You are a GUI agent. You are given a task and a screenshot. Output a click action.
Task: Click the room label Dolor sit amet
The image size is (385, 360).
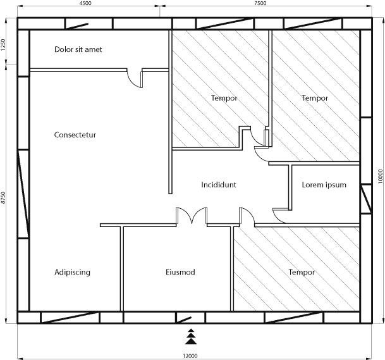click(78, 49)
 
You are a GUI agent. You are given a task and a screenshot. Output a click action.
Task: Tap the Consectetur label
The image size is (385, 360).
click(75, 135)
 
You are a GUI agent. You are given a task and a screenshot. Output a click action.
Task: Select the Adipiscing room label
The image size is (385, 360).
click(72, 272)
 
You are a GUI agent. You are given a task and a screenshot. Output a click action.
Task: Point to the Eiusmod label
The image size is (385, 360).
click(180, 272)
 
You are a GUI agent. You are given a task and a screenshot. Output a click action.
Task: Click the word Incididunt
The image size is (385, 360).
click(219, 185)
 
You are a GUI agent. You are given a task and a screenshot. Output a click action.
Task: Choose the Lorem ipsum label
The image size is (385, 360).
click(324, 185)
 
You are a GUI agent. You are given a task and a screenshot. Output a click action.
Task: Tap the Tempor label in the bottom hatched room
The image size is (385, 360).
click(302, 272)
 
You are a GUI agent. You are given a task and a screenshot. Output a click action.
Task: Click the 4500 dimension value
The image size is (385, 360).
click(85, 3)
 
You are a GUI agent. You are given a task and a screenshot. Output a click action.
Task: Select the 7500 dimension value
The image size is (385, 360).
click(260, 3)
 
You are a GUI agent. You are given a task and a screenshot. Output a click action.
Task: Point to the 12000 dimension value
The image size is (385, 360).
click(190, 356)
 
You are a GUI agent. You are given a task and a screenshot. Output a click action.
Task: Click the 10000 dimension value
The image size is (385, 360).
click(381, 176)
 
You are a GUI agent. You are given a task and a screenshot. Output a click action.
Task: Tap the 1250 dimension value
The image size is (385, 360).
click(3, 45)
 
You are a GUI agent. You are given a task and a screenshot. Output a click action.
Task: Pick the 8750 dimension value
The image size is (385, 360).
click(3, 198)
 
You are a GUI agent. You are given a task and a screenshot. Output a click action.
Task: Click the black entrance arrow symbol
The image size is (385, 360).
click(191, 337)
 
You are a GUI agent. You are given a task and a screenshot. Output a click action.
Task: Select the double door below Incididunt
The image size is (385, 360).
click(192, 216)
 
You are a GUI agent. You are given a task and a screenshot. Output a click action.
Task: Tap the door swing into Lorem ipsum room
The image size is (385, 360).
click(279, 216)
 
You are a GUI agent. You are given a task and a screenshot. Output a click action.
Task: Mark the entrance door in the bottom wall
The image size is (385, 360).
click(184, 320)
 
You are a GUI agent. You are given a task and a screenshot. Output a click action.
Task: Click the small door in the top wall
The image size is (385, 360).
click(77, 26)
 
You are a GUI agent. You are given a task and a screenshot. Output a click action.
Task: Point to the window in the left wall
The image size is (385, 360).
click(23, 194)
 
